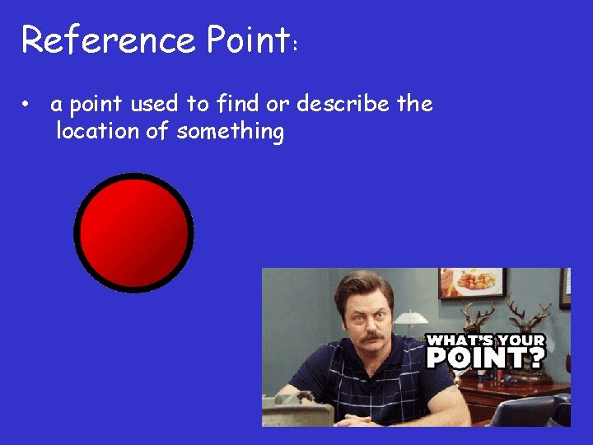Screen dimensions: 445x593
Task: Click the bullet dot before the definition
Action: (x=27, y=105)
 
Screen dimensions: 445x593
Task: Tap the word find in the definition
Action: (x=237, y=105)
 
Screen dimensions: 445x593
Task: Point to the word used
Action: (x=153, y=105)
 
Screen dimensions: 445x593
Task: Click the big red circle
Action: (x=133, y=232)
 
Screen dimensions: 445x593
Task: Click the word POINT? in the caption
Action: (x=485, y=357)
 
